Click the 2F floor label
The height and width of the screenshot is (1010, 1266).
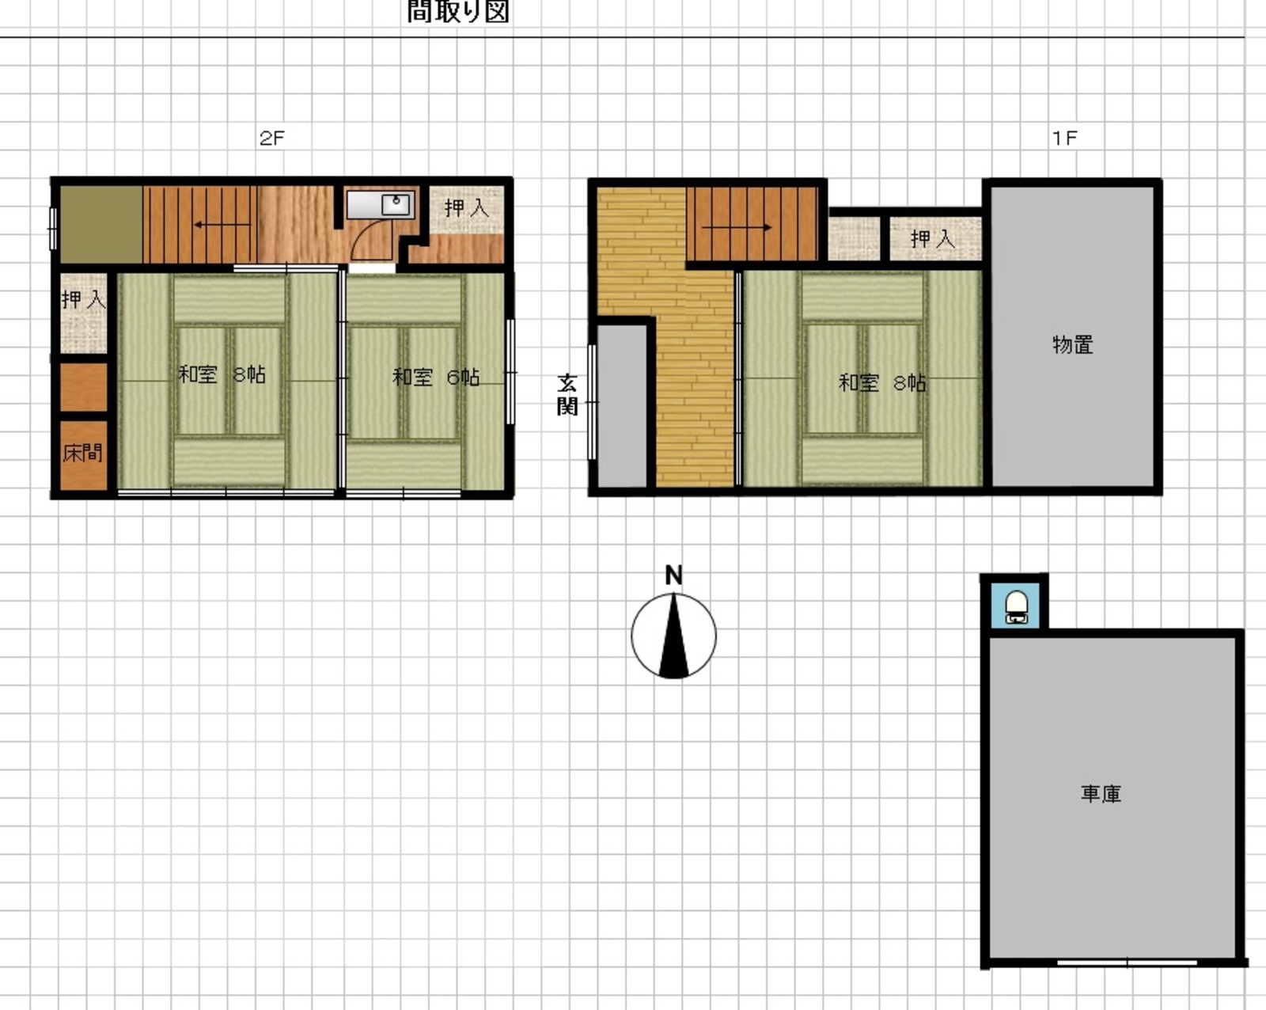[271, 139]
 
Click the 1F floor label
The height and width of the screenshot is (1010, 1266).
[1065, 139]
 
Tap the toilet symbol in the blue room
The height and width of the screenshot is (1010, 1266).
[1016, 606]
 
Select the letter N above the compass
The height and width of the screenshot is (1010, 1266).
[673, 575]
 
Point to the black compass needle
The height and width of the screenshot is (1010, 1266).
[673, 636]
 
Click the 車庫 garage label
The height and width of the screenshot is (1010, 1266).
[1101, 794]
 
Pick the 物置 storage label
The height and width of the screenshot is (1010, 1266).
[1072, 345]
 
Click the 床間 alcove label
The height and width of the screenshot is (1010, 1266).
[83, 453]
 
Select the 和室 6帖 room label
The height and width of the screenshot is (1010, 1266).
[436, 377]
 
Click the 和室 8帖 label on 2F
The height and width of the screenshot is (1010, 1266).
[222, 374]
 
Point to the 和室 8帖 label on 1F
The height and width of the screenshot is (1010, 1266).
[881, 383]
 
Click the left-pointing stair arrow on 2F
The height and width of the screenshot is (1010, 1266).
[223, 225]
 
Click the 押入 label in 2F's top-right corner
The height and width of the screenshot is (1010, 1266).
[467, 207]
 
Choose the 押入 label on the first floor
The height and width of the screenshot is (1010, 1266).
[933, 238]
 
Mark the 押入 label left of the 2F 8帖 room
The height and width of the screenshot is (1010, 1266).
[84, 299]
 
